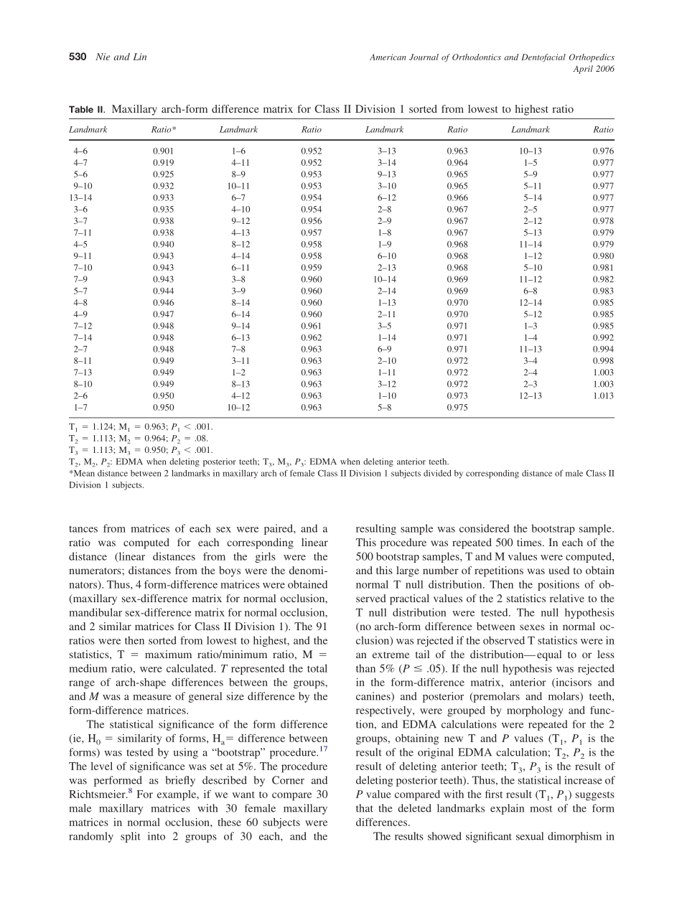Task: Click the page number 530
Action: pos(78,57)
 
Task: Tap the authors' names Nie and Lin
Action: pos(121,57)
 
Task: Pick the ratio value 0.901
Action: pos(163,151)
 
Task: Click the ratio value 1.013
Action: pos(603,395)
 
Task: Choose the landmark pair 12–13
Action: pos(530,395)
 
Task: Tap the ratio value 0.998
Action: pos(603,361)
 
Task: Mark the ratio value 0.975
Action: pos(457,408)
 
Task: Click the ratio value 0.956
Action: pos(312,221)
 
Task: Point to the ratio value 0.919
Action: pos(163,163)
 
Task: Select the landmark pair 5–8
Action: pos(384,408)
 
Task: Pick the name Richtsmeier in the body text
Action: pos(92,795)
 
